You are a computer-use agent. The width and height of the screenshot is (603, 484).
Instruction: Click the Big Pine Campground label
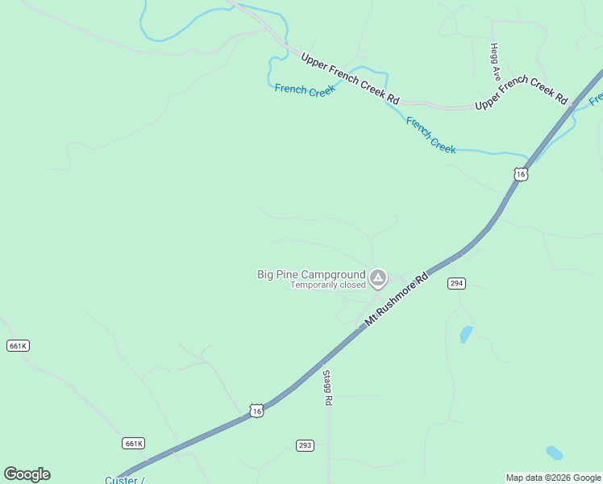(x=310, y=274)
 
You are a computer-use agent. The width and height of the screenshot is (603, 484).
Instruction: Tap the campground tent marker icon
(x=377, y=279)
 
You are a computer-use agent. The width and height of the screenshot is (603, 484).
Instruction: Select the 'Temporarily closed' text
(x=328, y=285)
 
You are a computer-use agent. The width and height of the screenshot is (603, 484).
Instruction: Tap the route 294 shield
(x=457, y=283)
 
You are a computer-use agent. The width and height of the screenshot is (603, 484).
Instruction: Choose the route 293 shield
(x=305, y=445)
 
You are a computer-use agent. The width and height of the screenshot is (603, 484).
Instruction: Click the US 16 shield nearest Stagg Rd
(x=256, y=411)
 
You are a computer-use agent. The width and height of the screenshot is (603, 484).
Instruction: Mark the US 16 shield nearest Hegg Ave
(x=521, y=174)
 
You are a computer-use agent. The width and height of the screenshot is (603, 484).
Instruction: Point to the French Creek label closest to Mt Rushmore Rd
(x=431, y=135)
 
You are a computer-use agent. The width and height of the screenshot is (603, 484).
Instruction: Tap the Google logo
(x=27, y=474)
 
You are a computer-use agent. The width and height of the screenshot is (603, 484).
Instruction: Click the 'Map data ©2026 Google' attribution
(x=553, y=478)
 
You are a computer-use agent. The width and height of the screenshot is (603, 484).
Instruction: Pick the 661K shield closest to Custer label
(x=134, y=443)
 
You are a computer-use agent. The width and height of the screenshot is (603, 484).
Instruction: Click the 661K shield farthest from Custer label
(x=18, y=345)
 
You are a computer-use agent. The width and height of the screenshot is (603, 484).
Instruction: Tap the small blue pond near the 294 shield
(x=466, y=334)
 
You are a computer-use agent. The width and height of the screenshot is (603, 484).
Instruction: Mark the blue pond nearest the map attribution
(x=554, y=453)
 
